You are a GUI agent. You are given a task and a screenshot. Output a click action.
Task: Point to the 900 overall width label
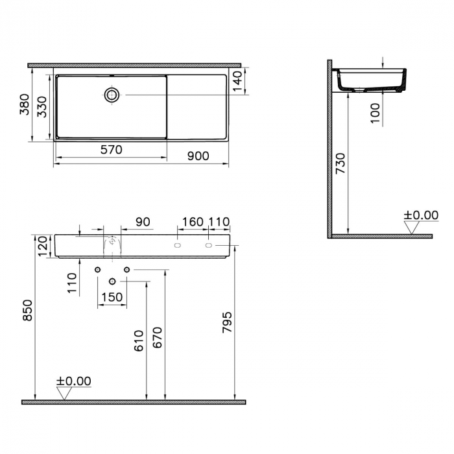197,156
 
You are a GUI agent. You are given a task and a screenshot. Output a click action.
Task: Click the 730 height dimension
344,165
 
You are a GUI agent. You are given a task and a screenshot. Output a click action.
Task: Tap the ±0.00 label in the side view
421,215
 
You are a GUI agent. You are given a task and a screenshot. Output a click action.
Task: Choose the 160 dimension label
192,222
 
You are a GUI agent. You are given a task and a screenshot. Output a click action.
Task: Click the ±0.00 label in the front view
74,381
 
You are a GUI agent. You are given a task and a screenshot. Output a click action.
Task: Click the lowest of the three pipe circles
112,281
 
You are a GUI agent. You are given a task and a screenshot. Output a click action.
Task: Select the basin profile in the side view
371,80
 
